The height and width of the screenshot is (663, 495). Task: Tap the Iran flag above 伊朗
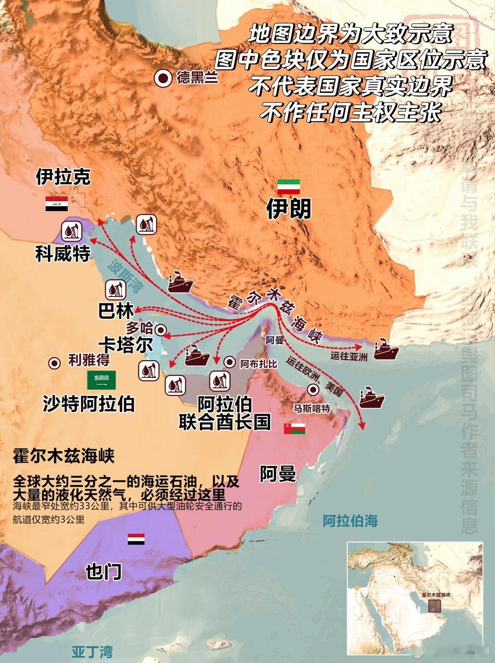tap(288, 187)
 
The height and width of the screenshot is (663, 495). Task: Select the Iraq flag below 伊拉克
tap(56, 203)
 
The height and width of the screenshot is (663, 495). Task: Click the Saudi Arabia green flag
tap(101, 380)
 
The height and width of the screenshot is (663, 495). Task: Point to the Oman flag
tap(294, 429)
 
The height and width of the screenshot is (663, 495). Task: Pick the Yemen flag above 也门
tap(136, 539)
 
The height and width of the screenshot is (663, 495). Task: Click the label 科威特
tap(63, 253)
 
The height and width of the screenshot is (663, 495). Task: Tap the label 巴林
tap(116, 311)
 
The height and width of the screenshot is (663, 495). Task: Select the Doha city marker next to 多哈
tap(160, 329)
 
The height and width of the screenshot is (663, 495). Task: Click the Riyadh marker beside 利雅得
tap(55, 363)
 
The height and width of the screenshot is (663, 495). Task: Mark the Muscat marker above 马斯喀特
tap(313, 390)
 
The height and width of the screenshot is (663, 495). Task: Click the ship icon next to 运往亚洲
tap(386, 349)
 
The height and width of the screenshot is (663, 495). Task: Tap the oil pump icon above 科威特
tap(71, 231)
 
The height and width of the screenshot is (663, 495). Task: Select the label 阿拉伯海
tap(350, 521)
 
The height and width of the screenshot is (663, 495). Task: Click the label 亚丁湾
tap(92, 652)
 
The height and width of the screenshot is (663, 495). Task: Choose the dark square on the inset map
tap(434, 605)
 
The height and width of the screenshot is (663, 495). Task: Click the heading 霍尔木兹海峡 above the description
tap(64, 456)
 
